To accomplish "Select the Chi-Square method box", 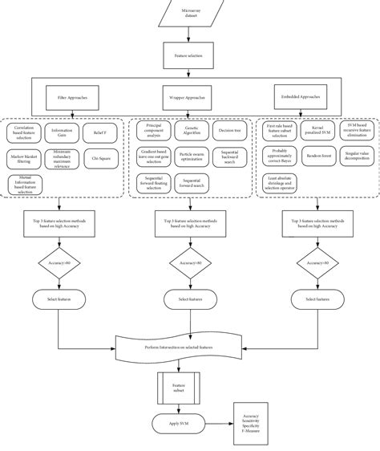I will [101, 158].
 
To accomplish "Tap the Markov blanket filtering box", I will [25, 158].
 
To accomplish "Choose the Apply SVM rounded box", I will [177, 424].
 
